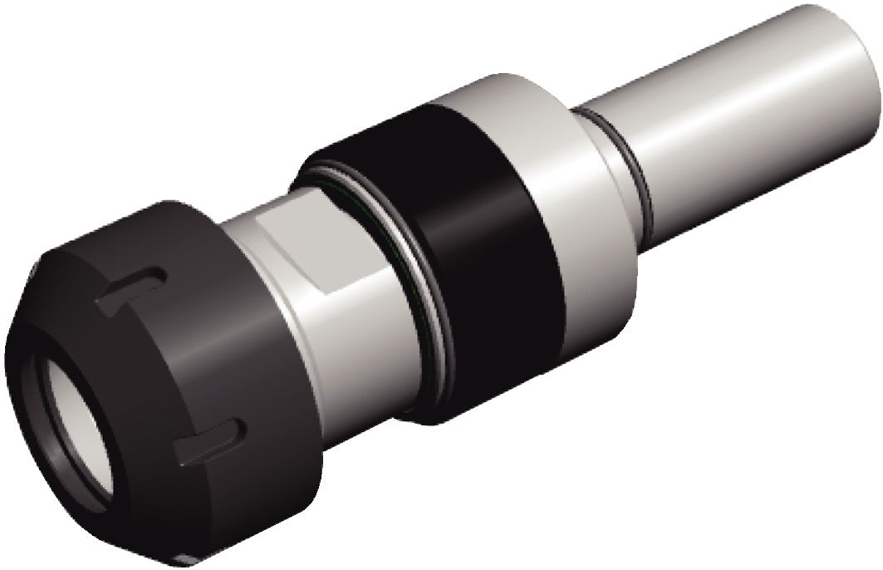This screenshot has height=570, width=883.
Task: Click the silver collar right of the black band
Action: [x=573, y=191]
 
